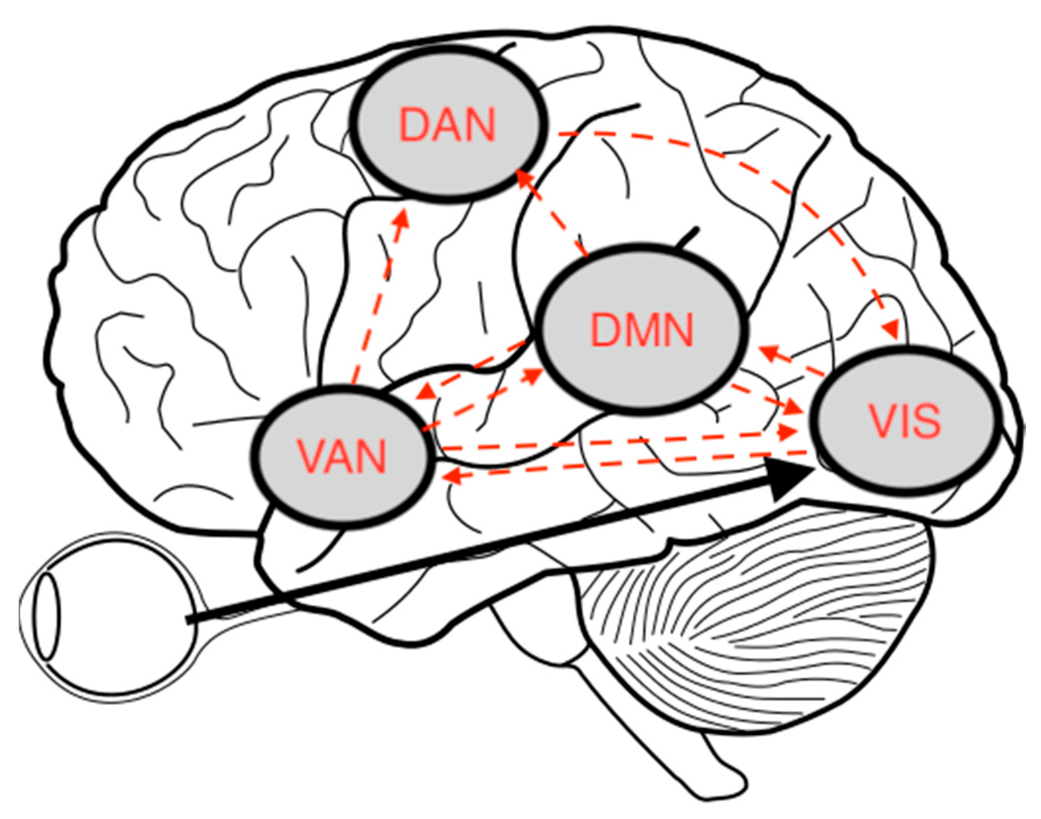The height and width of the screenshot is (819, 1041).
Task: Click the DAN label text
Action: coord(447,125)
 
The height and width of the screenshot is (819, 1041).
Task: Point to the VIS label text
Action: coord(905,422)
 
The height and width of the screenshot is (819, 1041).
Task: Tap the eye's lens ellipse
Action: coord(49,616)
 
